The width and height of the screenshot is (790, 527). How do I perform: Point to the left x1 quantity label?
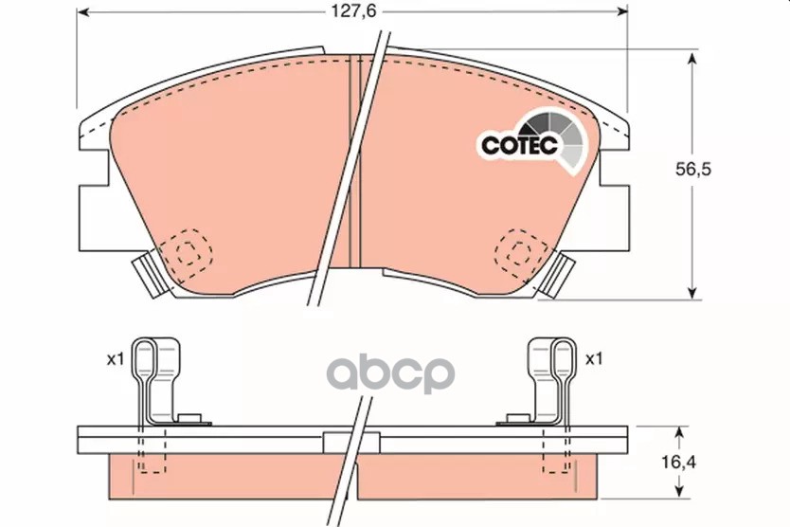point(116,359)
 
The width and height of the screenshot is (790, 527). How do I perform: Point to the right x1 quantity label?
point(594,359)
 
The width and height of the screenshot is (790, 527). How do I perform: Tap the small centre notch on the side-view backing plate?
point(337,441)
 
